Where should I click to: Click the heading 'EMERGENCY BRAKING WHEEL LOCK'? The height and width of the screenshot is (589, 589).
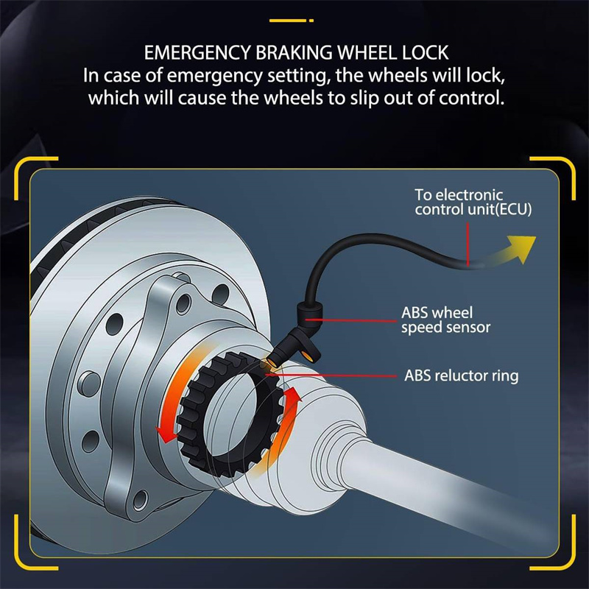click(296, 52)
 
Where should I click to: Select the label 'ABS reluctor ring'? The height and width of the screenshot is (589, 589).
click(462, 375)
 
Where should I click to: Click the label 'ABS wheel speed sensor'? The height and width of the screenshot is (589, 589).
click(445, 320)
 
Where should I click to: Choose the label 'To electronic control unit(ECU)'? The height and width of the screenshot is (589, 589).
click(473, 202)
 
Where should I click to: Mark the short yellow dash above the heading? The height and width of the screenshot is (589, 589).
click(291, 21)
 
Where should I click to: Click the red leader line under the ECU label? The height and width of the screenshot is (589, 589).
click(468, 244)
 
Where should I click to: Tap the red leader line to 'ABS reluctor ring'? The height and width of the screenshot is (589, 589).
click(331, 375)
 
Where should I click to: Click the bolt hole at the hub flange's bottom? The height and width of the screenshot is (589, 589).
click(140, 499)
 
